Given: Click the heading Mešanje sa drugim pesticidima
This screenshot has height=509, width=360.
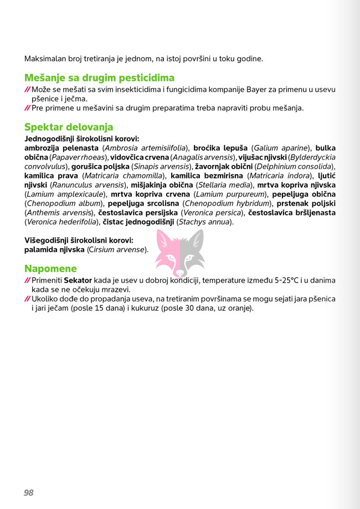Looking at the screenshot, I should (99, 78).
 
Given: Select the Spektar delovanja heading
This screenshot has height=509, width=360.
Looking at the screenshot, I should (69, 127).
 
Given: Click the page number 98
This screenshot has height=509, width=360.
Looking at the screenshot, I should (29, 492).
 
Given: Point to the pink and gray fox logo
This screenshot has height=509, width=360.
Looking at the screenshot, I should (179, 253).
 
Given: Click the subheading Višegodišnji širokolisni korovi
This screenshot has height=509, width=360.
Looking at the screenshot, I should (79, 240).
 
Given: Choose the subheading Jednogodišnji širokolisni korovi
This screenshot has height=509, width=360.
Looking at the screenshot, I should (81, 138).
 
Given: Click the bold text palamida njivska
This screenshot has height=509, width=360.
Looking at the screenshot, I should (54, 250).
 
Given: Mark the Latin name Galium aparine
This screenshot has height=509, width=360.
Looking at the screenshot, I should (280, 148).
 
